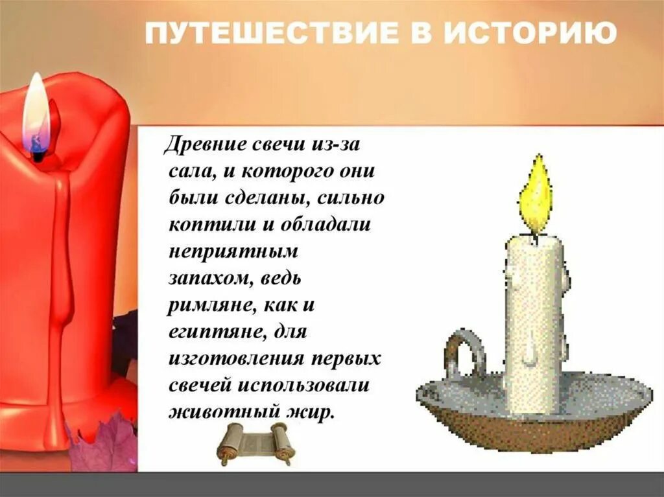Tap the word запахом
203,277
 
